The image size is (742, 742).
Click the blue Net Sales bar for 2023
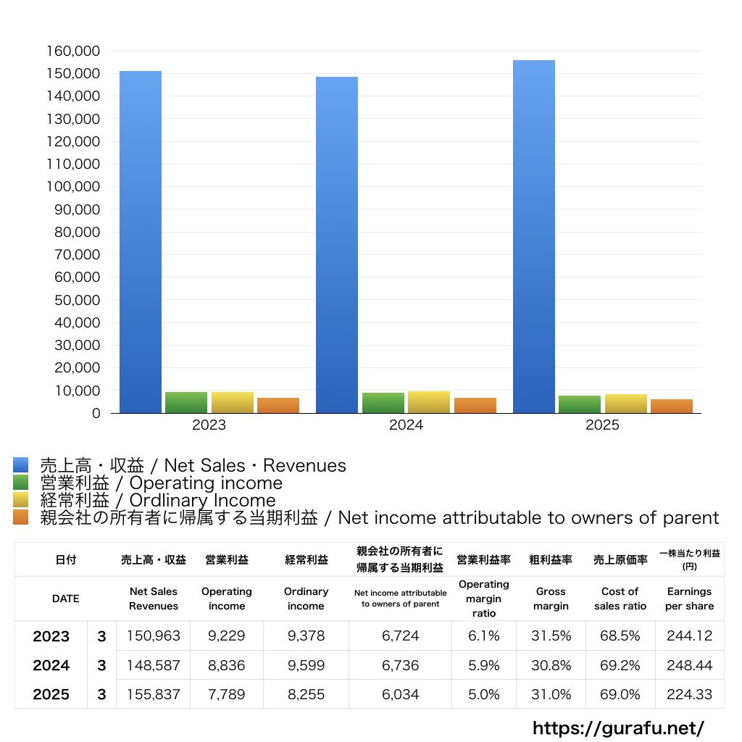point(141,242)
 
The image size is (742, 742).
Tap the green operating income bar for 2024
point(383,403)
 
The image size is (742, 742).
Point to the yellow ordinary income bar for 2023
point(233,402)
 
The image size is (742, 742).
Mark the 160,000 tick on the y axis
point(76,51)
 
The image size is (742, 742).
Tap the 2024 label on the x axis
point(406,425)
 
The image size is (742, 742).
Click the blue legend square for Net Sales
point(20,465)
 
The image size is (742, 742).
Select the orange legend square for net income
point(20,517)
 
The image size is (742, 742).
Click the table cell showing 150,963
point(154,636)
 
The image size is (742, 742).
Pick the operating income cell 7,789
point(226,694)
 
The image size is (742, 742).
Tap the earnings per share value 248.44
point(689,665)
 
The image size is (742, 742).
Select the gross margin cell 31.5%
point(551,636)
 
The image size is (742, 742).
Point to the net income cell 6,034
point(400,694)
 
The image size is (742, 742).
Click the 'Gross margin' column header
point(551,599)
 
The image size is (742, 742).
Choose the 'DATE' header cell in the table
point(65,599)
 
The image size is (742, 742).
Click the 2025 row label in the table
point(51,694)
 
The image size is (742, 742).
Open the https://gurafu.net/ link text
point(618,728)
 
